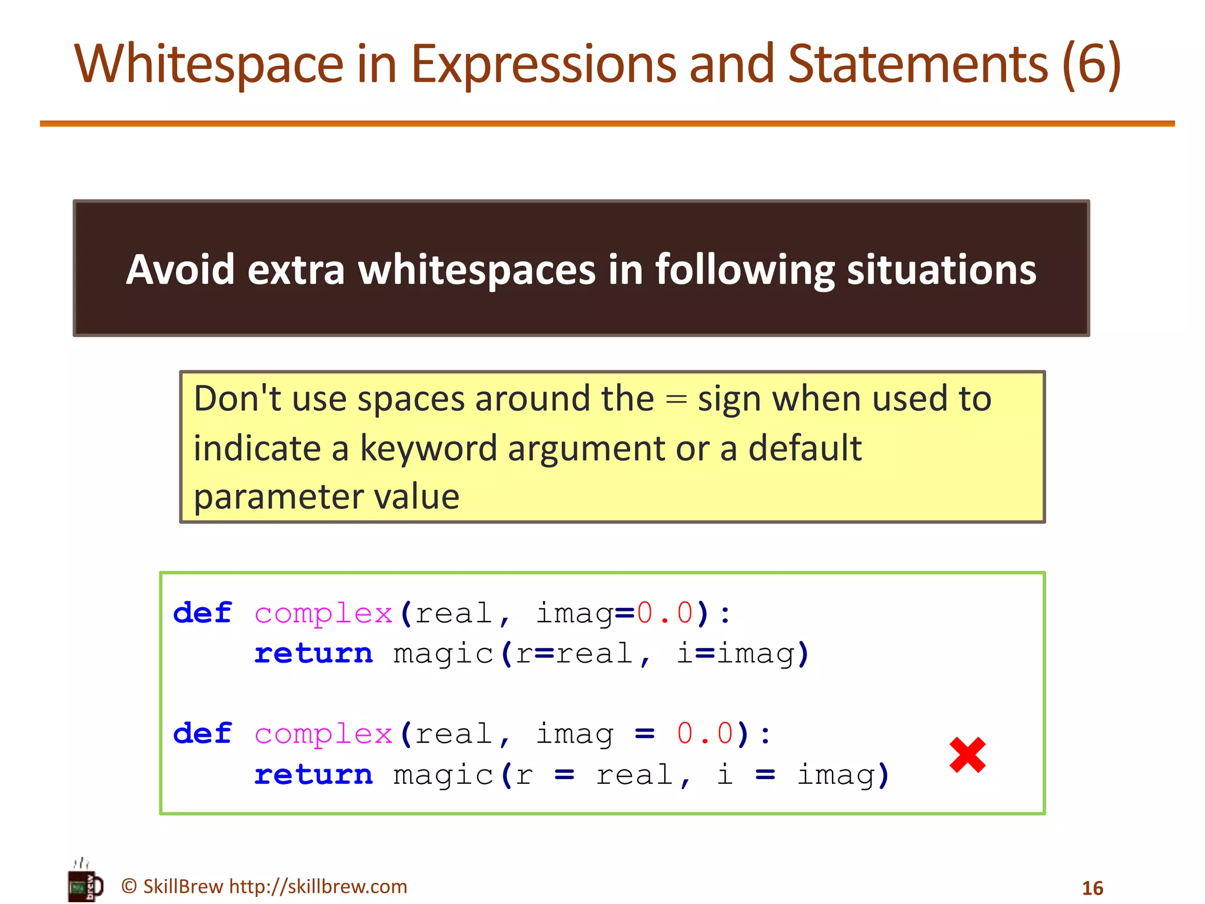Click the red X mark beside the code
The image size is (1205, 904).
[967, 755]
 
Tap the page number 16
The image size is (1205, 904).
[1092, 888]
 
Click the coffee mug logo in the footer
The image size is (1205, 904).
[86, 883]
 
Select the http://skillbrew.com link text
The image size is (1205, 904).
[318, 886]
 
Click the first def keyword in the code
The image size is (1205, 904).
[202, 613]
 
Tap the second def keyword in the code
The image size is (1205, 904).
[202, 734]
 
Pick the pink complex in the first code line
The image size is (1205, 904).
[323, 614]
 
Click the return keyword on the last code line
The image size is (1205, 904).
[314, 775]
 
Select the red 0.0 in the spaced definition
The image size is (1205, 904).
[704, 734]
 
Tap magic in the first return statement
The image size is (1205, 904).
[443, 654]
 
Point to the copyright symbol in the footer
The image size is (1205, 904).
[129, 886]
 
